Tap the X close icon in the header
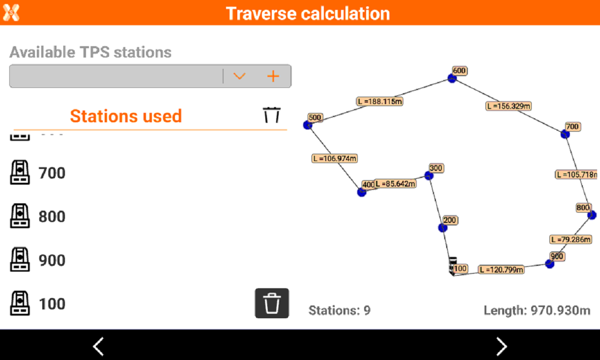[x=11, y=12]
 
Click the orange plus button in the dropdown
[x=273, y=76]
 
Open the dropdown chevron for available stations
[x=239, y=76]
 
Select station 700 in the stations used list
[x=52, y=173]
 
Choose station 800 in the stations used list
[x=52, y=216]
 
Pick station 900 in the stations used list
[x=52, y=260]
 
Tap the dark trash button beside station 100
[x=272, y=303]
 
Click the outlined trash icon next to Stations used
[x=272, y=115]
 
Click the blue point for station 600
[x=452, y=79]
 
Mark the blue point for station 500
[x=308, y=125]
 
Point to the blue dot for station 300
[x=429, y=176]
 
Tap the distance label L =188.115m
[x=380, y=102]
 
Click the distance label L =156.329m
[x=509, y=106]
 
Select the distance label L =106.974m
[x=335, y=159]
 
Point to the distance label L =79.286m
[x=571, y=239]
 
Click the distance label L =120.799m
[x=501, y=269]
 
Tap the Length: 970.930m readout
[x=537, y=310]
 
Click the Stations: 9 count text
[x=340, y=310]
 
